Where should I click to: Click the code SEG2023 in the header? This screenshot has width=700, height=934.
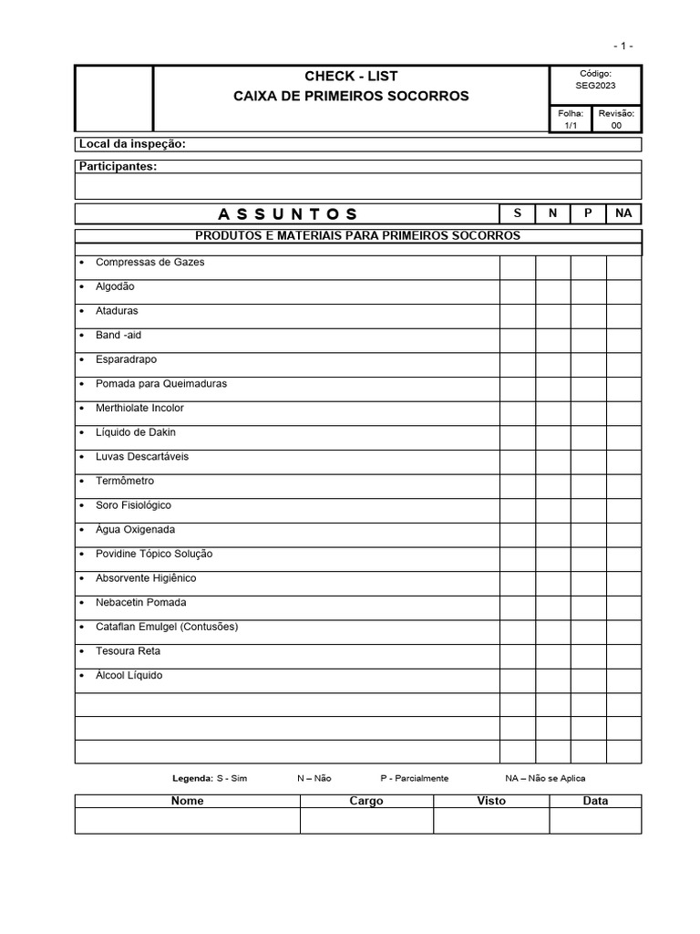tap(594, 86)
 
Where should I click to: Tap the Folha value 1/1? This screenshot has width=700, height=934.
tap(571, 126)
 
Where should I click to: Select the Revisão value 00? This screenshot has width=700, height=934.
tap(616, 126)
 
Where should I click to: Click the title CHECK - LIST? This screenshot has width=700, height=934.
tap(351, 76)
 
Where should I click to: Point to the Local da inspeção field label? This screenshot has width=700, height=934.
tap(133, 144)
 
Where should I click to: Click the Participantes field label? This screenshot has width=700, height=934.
tap(118, 167)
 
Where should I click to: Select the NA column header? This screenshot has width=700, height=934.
tap(623, 213)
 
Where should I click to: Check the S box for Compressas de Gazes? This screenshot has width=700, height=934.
tap(517, 267)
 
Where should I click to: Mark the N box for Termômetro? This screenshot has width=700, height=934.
tap(553, 486)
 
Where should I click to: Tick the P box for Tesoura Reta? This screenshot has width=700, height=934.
tap(589, 656)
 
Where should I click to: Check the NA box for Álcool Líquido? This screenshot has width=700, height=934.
tap(624, 680)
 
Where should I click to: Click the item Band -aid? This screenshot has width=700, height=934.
tap(118, 335)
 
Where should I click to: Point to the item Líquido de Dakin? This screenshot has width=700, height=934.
tap(136, 432)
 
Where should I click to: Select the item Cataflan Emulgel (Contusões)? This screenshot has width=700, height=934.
tap(167, 627)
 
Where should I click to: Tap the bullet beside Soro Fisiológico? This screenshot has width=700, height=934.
tap(83, 505)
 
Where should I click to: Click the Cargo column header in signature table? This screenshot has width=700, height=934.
tap(366, 801)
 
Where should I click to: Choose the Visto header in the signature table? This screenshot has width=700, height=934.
tap(491, 801)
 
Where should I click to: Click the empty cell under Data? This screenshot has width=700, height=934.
tap(595, 821)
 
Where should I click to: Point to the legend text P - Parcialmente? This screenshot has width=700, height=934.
tap(415, 778)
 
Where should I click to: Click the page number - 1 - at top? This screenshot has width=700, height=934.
tap(623, 46)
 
